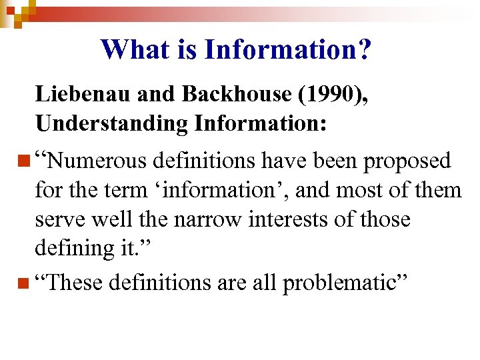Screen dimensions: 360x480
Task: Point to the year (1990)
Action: click(327, 94)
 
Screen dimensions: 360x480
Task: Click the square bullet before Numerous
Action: click(25, 161)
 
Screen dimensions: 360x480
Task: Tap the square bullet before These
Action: click(25, 283)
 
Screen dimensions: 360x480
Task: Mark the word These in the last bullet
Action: click(73, 283)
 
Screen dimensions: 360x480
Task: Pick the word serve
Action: click(59, 219)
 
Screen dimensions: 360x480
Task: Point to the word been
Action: click(323, 161)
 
